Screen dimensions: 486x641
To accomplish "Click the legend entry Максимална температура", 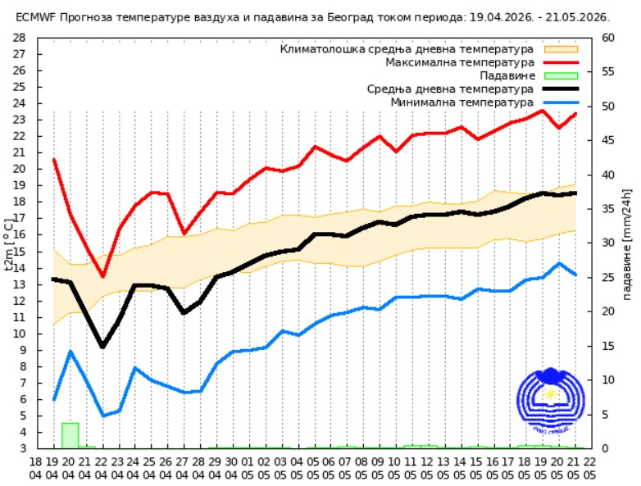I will pyautogui.click(x=460, y=62).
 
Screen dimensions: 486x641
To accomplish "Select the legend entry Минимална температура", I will pyautogui.click(x=461, y=102).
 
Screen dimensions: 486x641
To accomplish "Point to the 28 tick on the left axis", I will pyautogui.click(x=20, y=38).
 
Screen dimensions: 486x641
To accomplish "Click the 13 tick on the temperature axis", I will pyautogui.click(x=20, y=284).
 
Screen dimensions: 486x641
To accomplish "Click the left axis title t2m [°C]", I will pyautogui.click(x=9, y=243).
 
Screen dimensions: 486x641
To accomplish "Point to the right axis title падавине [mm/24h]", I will pyautogui.click(x=628, y=243).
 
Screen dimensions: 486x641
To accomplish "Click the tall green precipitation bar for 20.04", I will pyautogui.click(x=70, y=435).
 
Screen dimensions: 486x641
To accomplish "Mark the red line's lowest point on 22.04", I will pyautogui.click(x=102, y=276).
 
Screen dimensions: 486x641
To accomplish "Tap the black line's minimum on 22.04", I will pyautogui.click(x=102, y=347).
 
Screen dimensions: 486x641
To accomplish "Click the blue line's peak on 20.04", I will pyautogui.click(x=70, y=352).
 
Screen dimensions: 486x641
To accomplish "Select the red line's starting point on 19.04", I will pyautogui.click(x=54, y=159).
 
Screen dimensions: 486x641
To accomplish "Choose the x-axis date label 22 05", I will pyautogui.click(x=590, y=468).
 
